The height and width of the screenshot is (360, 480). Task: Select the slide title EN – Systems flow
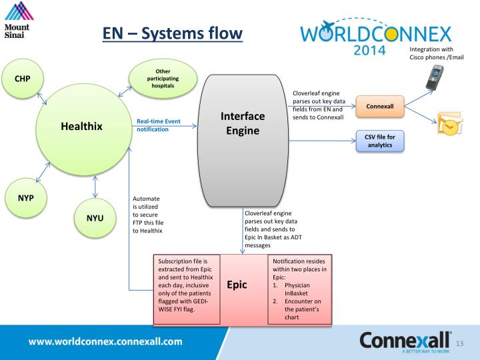pyautogui.click(x=172, y=33)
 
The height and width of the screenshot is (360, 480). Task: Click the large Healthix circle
pyautogui.click(x=82, y=125)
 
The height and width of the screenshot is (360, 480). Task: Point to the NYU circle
pyautogui.click(x=95, y=217)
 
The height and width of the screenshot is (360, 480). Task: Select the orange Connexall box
pyautogui.click(x=380, y=106)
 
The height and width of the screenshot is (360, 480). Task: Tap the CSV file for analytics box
pyautogui.click(x=380, y=141)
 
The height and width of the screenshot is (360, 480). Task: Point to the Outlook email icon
pyautogui.click(x=449, y=124)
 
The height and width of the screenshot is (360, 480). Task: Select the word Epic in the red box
pyautogui.click(x=237, y=285)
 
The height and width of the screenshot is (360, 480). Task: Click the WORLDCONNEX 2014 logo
pyautogui.click(x=375, y=39)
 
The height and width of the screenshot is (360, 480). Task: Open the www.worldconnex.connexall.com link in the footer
pyautogui.click(x=105, y=341)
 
